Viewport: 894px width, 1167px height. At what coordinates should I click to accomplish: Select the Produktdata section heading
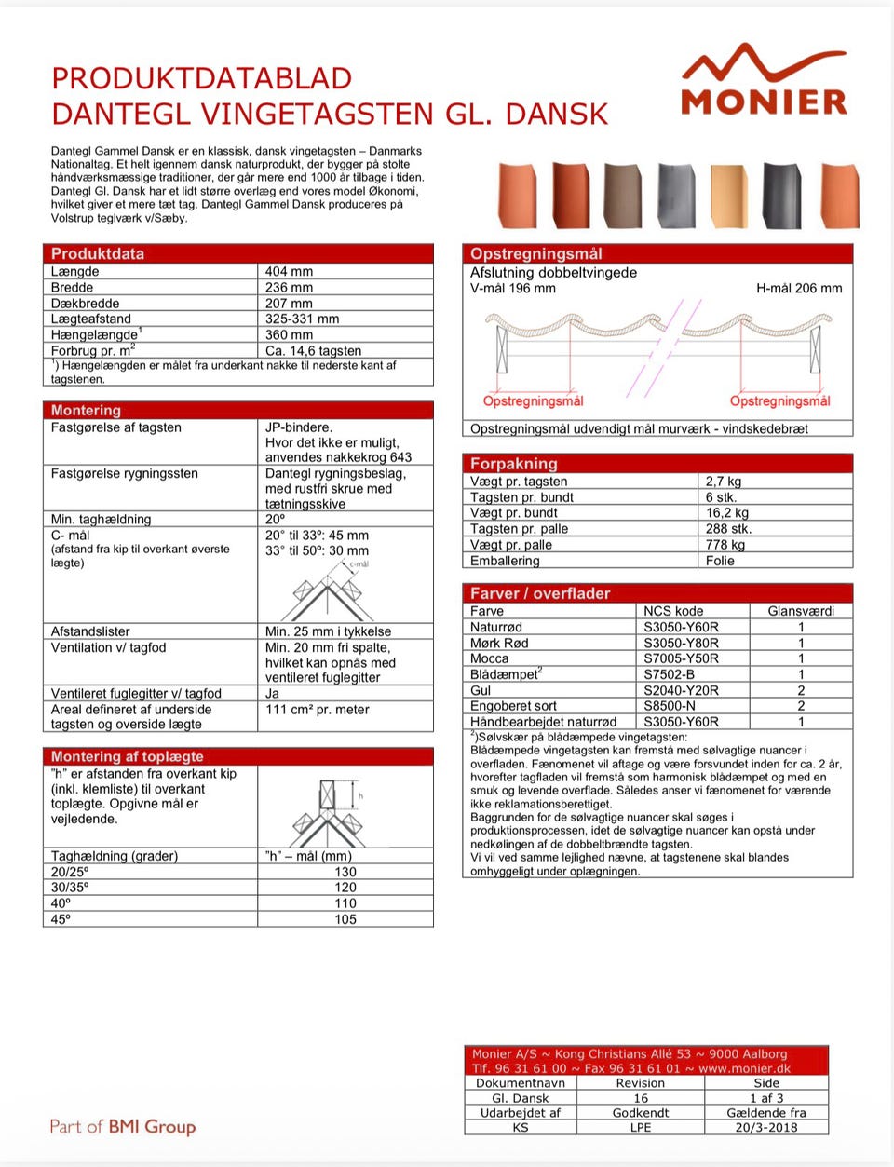pyautogui.click(x=98, y=253)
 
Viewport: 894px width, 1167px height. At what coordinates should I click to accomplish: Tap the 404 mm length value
pyautogui.click(x=289, y=272)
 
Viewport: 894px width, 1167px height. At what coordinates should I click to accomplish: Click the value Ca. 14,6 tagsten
pyautogui.click(x=313, y=351)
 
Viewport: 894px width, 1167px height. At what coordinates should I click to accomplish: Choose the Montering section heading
pyautogui.click(x=86, y=410)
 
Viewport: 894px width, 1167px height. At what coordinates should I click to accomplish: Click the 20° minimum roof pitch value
pyautogui.click(x=275, y=520)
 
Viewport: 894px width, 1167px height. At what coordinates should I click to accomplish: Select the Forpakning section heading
pyautogui.click(x=513, y=463)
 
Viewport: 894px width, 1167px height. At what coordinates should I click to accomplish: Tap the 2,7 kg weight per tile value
pyautogui.click(x=724, y=482)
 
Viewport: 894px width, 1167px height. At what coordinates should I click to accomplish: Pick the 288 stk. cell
pyautogui.click(x=728, y=529)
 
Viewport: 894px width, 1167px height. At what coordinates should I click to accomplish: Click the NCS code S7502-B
pyautogui.click(x=669, y=674)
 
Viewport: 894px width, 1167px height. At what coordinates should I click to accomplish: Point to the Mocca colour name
pyautogui.click(x=490, y=658)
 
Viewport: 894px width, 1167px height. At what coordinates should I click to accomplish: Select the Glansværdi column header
pyautogui.click(x=801, y=611)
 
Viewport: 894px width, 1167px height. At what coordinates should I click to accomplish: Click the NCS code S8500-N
pyautogui.click(x=670, y=706)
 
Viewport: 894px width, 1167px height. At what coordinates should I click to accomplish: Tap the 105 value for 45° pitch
pyautogui.click(x=345, y=919)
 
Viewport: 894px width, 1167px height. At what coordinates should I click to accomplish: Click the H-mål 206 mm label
pyautogui.click(x=799, y=289)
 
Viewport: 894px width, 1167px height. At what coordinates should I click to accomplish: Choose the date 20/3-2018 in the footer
pyautogui.click(x=765, y=1127)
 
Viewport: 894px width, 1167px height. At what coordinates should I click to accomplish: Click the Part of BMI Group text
pyautogui.click(x=123, y=1126)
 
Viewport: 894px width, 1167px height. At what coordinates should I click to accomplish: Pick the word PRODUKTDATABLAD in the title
pyautogui.click(x=201, y=78)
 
